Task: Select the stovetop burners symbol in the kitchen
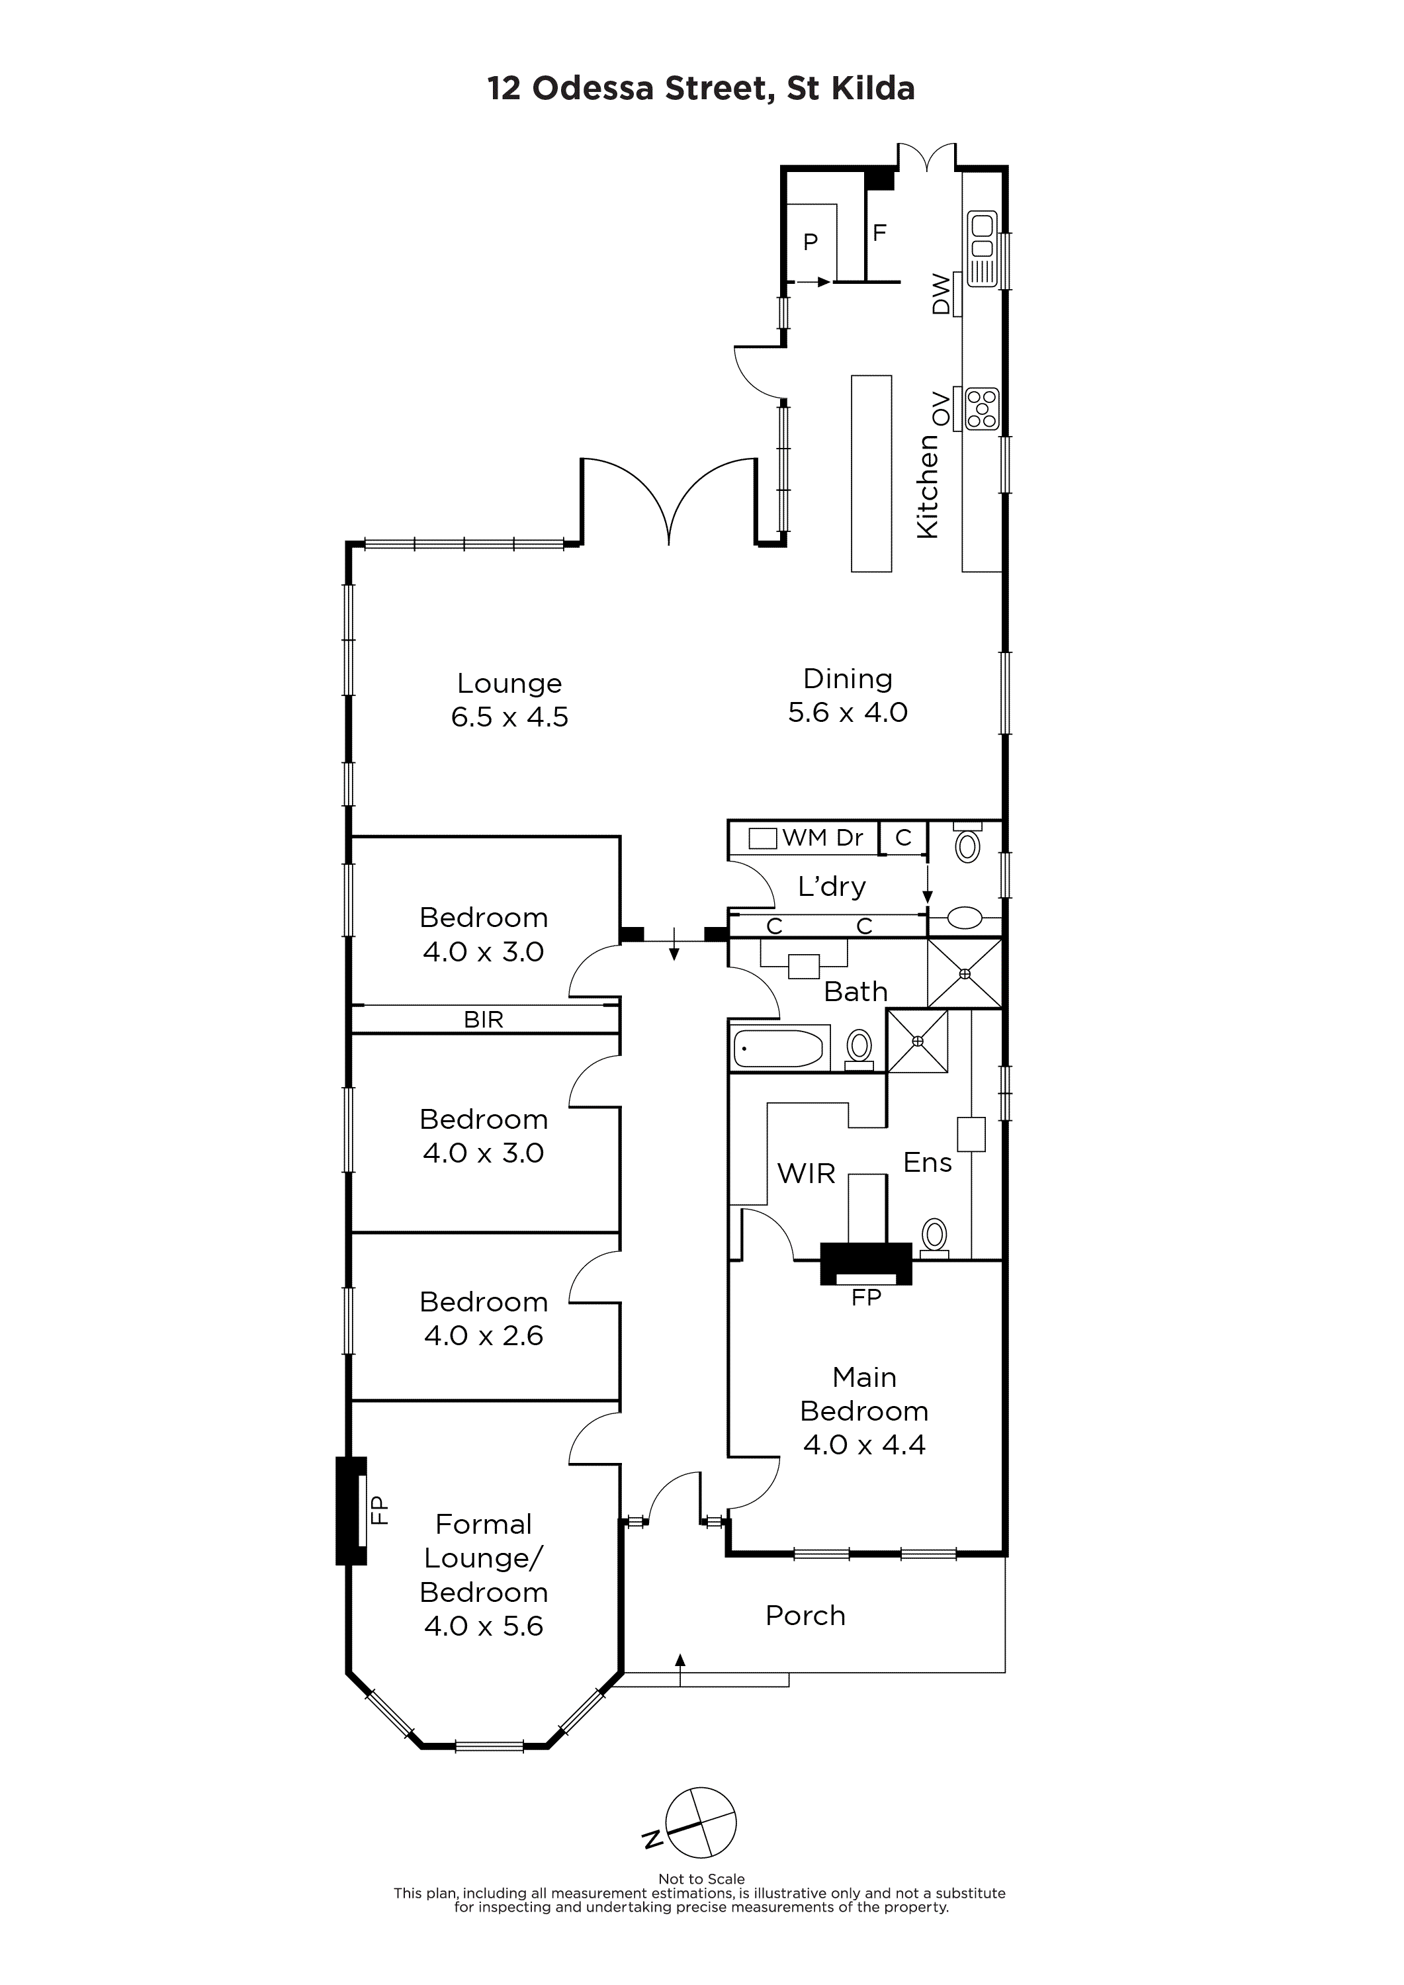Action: point(982,408)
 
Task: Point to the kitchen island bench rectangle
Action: point(871,473)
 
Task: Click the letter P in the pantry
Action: point(810,242)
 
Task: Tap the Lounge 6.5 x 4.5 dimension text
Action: point(509,717)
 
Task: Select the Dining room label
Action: point(848,680)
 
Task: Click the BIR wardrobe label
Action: point(483,1020)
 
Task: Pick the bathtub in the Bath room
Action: point(779,1048)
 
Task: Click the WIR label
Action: point(807,1173)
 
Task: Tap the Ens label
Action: point(928,1163)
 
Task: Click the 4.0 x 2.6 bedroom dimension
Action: point(483,1336)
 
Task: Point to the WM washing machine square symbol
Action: point(762,838)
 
